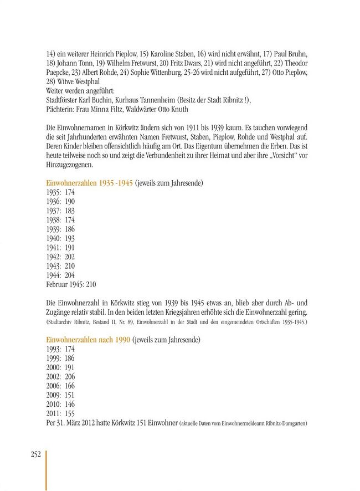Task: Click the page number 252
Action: point(35,454)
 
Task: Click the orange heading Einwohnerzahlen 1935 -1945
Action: point(89,183)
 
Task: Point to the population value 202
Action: point(69,257)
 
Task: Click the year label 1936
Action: point(54,201)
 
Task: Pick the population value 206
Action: point(69,376)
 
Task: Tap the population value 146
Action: point(69,404)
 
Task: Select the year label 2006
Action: point(54,386)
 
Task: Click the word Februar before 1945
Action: point(58,284)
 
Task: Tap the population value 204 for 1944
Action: point(69,275)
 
